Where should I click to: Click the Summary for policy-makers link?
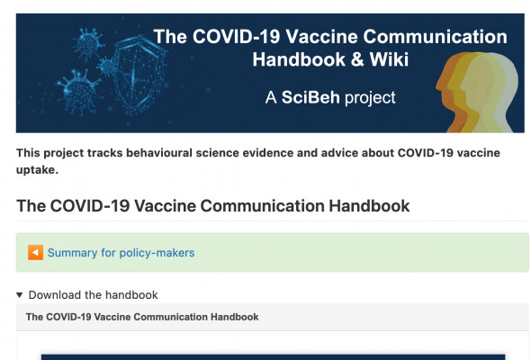[x=121, y=253]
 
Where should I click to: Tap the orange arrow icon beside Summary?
[x=36, y=252]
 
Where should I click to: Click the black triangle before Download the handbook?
[x=20, y=295]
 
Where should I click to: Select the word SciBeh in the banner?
[x=310, y=97]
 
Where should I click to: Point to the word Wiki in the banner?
[x=389, y=59]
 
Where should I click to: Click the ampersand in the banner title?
[x=357, y=59]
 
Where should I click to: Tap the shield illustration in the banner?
[x=139, y=74]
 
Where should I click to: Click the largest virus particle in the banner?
[x=80, y=92]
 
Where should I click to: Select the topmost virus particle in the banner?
[x=89, y=43]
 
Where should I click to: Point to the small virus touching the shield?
[x=108, y=67]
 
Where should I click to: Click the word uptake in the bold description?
[x=37, y=170]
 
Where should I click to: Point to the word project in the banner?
[x=370, y=98]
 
